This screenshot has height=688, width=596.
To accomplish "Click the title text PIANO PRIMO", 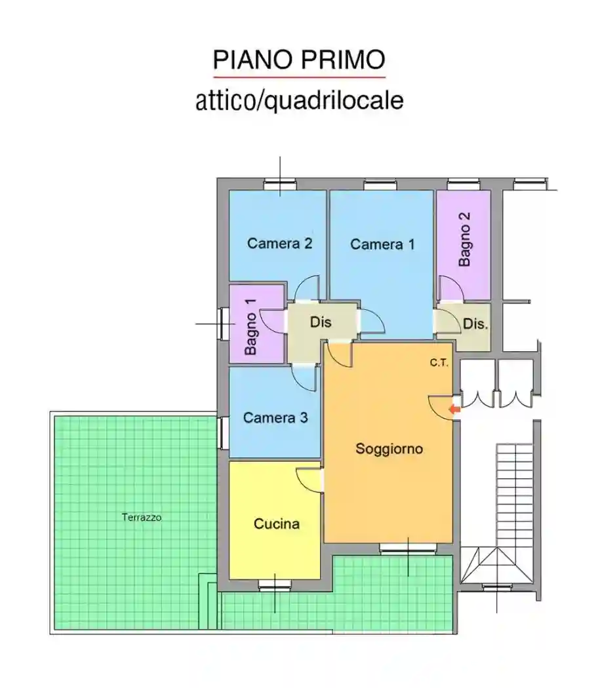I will click(x=298, y=60).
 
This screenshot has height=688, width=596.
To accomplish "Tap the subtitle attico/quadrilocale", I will click(x=299, y=101).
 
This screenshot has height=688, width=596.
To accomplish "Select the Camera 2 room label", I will click(x=279, y=243).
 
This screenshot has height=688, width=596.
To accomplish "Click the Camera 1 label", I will click(x=382, y=244).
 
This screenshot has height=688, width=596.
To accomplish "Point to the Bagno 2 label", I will click(x=465, y=239).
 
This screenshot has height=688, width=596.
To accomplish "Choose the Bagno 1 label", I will click(x=250, y=326).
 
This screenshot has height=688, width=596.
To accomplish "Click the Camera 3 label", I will click(x=275, y=417).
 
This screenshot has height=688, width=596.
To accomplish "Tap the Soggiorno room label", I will click(x=389, y=449).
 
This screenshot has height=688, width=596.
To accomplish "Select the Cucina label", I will click(x=277, y=524).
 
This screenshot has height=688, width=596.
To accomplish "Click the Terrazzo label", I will click(x=142, y=517).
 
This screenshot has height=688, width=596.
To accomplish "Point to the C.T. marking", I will click(x=439, y=363).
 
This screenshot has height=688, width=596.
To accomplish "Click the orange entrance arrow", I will click(x=454, y=410).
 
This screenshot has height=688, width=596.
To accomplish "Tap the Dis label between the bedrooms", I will click(x=321, y=322).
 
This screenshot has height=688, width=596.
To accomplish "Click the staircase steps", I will click(x=514, y=491).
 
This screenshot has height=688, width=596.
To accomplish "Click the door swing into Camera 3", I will click(x=305, y=377).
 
